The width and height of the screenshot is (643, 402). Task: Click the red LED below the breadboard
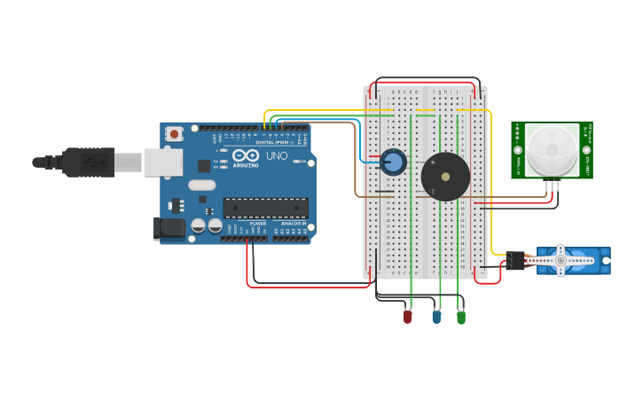(408, 316)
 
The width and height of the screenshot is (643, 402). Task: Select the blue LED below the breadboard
(435, 317)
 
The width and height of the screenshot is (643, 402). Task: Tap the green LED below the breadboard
(460, 317)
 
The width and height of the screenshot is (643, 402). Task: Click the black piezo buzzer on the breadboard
(445, 177)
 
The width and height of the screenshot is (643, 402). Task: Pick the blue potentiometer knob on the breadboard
(394, 162)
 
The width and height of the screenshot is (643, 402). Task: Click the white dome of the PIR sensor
(551, 149)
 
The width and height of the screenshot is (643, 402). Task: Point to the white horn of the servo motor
(559, 260)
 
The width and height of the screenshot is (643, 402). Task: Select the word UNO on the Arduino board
(277, 156)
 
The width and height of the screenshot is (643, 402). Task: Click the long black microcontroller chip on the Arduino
(265, 209)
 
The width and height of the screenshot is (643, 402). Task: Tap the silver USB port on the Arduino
(164, 162)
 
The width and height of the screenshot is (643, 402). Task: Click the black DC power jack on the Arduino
(169, 228)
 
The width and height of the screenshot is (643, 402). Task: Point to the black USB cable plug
(89, 162)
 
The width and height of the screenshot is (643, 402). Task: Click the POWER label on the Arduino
(258, 224)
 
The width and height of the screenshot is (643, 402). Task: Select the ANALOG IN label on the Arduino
(294, 224)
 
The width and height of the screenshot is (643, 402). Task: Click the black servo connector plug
(515, 260)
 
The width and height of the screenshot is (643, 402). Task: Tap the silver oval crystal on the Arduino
(201, 185)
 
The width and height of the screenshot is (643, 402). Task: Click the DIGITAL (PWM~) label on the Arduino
(274, 142)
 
